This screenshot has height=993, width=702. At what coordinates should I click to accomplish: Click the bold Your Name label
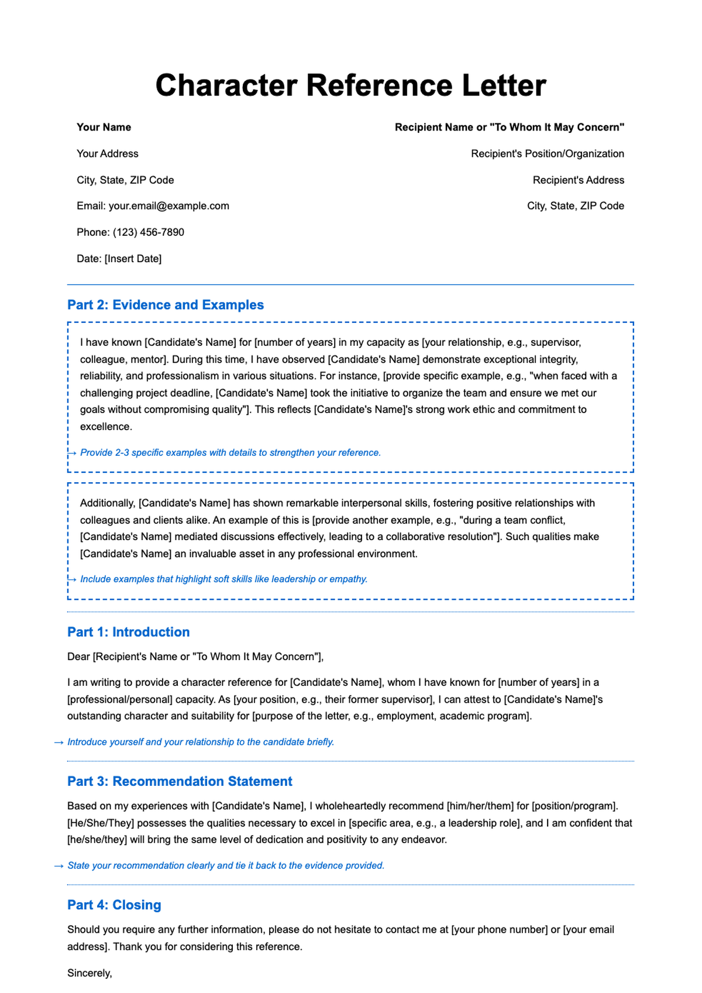[x=104, y=128]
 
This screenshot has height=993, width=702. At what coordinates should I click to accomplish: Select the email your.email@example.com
[x=168, y=206]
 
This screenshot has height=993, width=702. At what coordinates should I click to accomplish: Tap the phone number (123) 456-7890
[x=148, y=232]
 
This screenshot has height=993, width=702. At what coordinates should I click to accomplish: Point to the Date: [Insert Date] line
[x=119, y=259]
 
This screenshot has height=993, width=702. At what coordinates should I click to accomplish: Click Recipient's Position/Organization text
[x=547, y=154]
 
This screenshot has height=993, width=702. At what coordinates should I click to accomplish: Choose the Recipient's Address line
[x=578, y=180]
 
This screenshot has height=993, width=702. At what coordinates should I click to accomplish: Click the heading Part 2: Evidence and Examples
[x=166, y=305]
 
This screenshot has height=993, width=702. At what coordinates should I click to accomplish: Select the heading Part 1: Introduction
[x=128, y=632]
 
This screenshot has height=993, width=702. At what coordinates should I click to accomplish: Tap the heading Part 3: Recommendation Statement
[x=180, y=781]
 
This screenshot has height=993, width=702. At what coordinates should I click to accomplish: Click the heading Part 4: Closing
[x=114, y=905]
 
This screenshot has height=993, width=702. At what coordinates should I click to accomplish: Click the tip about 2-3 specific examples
[x=230, y=453]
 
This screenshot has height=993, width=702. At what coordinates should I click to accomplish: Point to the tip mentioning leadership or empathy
[x=223, y=579]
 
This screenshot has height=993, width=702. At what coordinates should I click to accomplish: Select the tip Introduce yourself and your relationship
[x=201, y=742]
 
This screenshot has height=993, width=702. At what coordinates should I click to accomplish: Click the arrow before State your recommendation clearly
[x=58, y=866]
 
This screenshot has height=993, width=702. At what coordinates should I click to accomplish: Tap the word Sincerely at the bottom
[x=89, y=973]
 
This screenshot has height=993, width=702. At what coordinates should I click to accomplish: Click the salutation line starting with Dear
[x=195, y=657]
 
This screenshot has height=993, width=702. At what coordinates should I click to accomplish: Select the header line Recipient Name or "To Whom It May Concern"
[x=509, y=128]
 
